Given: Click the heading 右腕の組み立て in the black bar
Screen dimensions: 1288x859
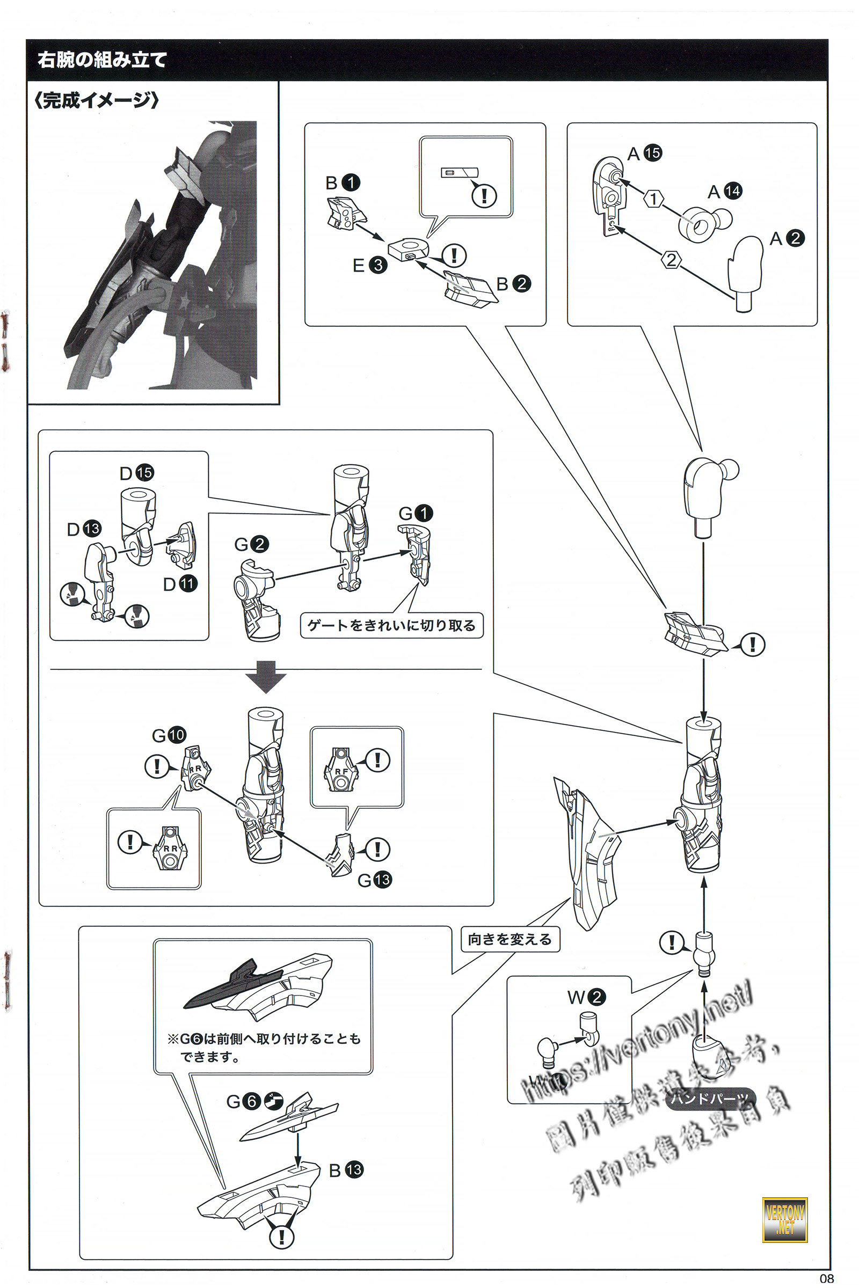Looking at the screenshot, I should (x=102, y=59).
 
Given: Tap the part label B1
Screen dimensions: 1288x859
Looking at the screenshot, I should (x=343, y=182).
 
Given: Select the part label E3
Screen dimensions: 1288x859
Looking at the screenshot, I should (x=370, y=266).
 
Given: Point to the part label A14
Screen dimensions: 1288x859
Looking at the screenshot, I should (x=725, y=191).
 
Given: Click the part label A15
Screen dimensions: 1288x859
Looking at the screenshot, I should (x=644, y=153).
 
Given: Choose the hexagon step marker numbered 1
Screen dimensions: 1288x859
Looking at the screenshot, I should (x=653, y=198).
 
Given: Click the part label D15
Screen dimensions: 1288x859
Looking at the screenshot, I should (x=136, y=473).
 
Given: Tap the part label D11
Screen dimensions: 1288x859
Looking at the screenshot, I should (x=180, y=584).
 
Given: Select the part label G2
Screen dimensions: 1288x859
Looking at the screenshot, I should (x=251, y=544).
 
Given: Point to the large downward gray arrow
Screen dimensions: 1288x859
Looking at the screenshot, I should (x=265, y=677).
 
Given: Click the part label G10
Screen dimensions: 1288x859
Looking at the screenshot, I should (x=169, y=735).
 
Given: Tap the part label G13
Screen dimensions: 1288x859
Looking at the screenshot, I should (x=374, y=880).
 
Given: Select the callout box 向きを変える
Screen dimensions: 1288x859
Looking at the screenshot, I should (x=509, y=939).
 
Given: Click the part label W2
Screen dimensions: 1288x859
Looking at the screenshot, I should (x=586, y=997).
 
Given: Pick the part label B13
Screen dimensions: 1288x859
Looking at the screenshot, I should (x=346, y=1170).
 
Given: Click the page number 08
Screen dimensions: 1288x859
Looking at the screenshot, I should (x=826, y=1279).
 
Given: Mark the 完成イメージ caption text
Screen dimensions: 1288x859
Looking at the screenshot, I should (x=97, y=100).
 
